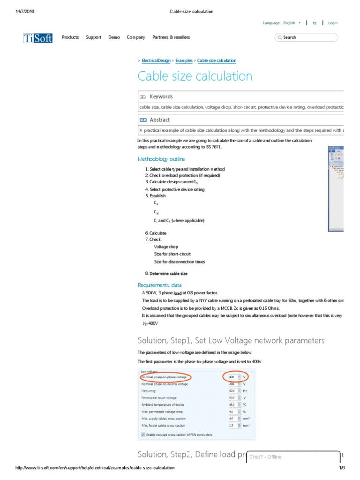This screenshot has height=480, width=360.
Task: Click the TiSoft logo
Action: click(38, 38)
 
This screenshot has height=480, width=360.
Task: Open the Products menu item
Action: click(70, 37)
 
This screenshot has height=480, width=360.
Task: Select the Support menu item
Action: click(93, 37)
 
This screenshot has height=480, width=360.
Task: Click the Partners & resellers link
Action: click(171, 37)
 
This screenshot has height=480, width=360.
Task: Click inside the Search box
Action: click(307, 37)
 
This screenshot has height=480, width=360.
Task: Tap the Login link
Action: click(333, 23)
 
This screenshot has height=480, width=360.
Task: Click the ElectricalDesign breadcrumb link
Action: click(156, 61)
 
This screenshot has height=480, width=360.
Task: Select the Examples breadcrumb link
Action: click(184, 61)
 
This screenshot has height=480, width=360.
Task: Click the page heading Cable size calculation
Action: click(195, 76)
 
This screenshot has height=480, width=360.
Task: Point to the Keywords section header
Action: click(161, 97)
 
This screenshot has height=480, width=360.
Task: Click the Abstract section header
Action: click(159, 120)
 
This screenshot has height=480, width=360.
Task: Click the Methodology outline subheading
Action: click(161, 159)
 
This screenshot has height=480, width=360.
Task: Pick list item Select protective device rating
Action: click(177, 190)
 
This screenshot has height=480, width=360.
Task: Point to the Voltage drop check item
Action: click(166, 247)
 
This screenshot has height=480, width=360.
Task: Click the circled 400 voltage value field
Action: click(232, 377)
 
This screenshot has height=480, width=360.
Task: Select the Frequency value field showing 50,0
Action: click(232, 390)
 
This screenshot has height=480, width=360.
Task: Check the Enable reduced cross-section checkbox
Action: click(143, 435)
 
